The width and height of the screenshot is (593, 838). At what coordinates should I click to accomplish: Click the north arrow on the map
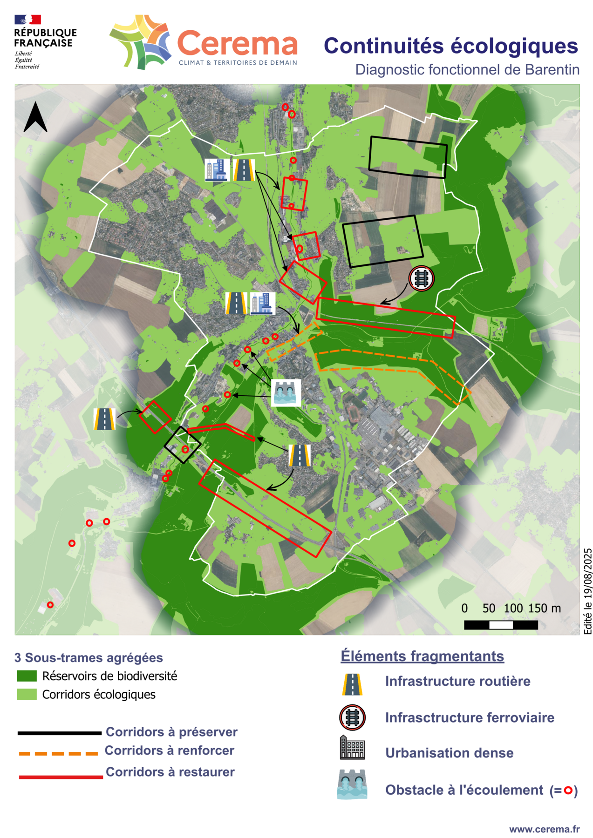pyautogui.click(x=35, y=117)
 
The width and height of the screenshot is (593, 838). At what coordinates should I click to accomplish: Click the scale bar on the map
pyautogui.click(x=501, y=625)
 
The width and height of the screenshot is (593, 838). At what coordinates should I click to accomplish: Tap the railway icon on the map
pyautogui.click(x=421, y=278)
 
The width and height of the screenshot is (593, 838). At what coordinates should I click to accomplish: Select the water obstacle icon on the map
pyautogui.click(x=286, y=392)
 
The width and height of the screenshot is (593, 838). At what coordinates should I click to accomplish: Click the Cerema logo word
pyautogui.click(x=237, y=44)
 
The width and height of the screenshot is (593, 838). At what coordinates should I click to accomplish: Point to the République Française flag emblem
pyautogui.click(x=27, y=20)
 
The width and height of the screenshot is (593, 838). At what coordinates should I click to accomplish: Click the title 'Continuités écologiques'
pyautogui.click(x=450, y=46)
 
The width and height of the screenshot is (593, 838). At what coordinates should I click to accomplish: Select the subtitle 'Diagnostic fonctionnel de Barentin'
pyautogui.click(x=467, y=70)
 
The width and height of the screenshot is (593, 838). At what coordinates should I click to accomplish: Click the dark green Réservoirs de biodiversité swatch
pyautogui.click(x=27, y=676)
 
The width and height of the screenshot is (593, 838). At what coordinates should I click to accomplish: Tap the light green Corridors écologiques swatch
pyautogui.click(x=27, y=694)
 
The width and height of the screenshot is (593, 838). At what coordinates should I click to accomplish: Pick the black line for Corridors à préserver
pyautogui.click(x=59, y=733)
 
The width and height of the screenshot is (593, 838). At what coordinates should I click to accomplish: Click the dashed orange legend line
pyautogui.click(x=58, y=753)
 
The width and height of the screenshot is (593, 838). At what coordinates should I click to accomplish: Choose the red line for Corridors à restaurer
pyautogui.click(x=61, y=777)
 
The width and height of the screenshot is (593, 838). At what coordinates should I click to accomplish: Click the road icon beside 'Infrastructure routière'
pyautogui.click(x=352, y=684)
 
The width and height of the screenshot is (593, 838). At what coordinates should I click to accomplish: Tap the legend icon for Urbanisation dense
pyautogui.click(x=352, y=748)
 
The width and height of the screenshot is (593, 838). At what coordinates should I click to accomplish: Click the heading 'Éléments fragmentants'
pyautogui.click(x=422, y=656)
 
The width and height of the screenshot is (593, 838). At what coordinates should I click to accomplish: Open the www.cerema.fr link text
pyautogui.click(x=544, y=829)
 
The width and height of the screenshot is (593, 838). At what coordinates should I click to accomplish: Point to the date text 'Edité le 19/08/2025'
pyautogui.click(x=587, y=591)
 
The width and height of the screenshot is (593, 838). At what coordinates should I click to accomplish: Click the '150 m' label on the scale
pyautogui.click(x=544, y=608)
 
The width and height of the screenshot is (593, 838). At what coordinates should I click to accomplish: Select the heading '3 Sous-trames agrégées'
pyautogui.click(x=89, y=657)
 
